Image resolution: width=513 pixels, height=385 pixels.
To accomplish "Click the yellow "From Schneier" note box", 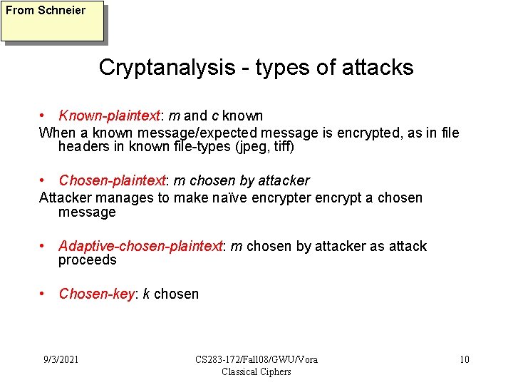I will [52, 21].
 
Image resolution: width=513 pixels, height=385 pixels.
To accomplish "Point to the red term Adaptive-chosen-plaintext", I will [140, 246].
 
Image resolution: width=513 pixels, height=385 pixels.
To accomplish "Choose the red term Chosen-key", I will [96, 294].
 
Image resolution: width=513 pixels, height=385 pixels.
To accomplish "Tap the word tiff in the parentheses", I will [280, 147].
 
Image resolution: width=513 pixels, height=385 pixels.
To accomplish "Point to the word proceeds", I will [87, 260].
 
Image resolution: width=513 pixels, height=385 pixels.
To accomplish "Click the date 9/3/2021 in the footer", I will [60, 359].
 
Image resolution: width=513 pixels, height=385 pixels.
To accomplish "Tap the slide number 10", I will [464, 359].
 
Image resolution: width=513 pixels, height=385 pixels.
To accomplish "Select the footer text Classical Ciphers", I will [256, 371].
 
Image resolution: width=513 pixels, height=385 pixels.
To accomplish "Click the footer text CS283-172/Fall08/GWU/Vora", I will [256, 359].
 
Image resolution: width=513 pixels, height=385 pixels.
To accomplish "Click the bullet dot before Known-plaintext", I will [43, 115].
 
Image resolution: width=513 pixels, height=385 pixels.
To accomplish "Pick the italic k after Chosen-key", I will [146, 294].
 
